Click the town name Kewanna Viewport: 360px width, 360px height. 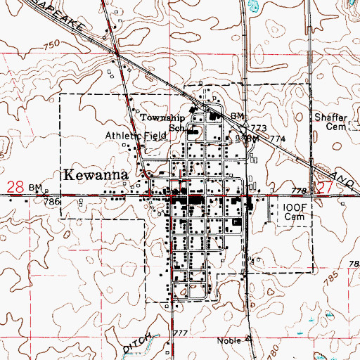[96, 175]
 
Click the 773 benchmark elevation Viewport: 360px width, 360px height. [259, 127]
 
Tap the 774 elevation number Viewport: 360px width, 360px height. [276, 140]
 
